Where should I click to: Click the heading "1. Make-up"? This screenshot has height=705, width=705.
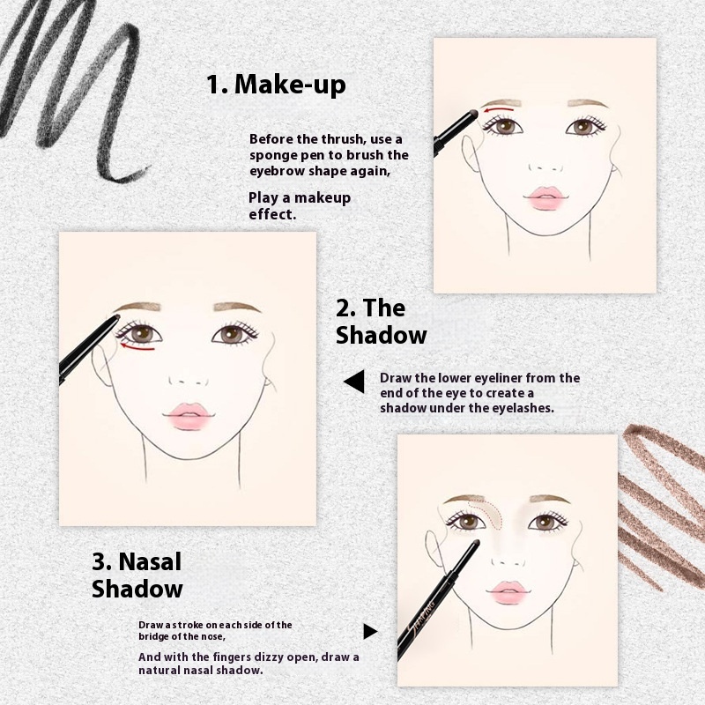pyautogui.click(x=276, y=84)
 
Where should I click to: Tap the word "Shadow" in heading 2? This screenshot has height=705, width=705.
pyautogui.click(x=382, y=335)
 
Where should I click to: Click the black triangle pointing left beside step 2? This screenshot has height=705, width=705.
pyautogui.click(x=354, y=382)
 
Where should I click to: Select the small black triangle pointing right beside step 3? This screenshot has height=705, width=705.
pyautogui.click(x=370, y=631)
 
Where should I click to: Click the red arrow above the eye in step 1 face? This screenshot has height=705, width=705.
pyautogui.click(x=498, y=108)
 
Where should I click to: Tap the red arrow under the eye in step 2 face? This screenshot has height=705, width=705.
pyautogui.click(x=137, y=346)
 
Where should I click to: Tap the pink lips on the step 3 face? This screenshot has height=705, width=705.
pyautogui.click(x=508, y=591)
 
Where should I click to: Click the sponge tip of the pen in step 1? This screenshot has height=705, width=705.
pyautogui.click(x=472, y=113)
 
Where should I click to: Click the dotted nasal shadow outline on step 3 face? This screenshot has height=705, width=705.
pyautogui.click(x=486, y=513)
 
